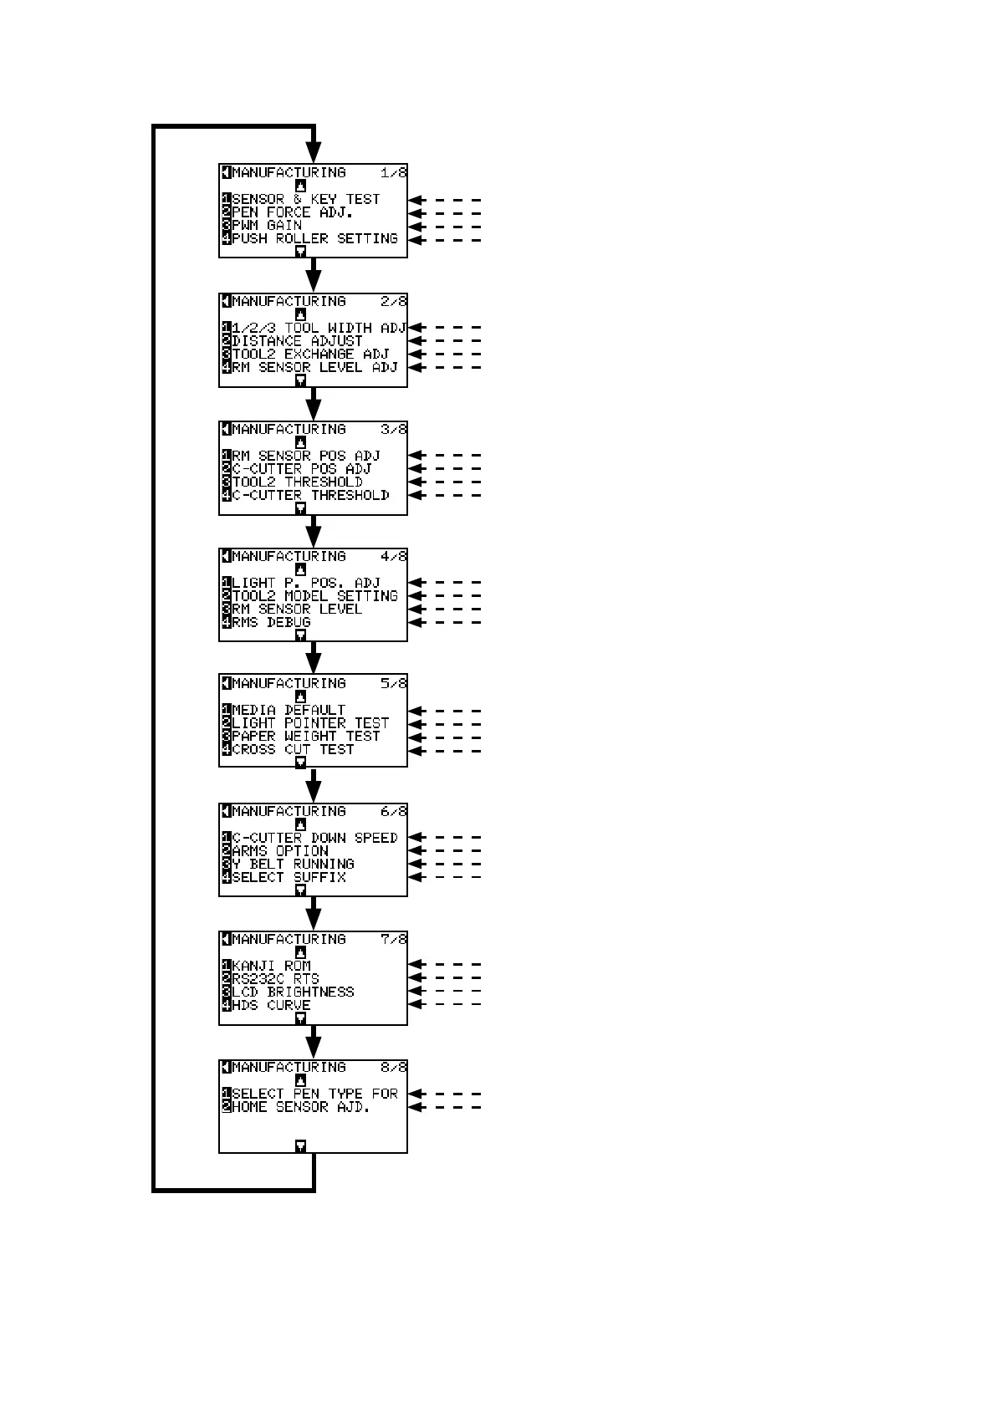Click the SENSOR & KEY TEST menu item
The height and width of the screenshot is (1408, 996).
(305, 200)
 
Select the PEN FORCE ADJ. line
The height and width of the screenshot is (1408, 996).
(292, 212)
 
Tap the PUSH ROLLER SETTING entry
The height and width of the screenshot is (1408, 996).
(314, 239)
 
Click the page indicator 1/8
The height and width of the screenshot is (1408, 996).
(393, 173)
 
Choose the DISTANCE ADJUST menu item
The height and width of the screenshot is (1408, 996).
(297, 341)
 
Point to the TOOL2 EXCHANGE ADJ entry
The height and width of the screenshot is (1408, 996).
(310, 355)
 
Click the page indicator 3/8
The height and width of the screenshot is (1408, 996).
(393, 430)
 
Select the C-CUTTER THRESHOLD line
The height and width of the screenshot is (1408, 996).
(310, 496)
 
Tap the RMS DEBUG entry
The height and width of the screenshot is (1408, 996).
(271, 623)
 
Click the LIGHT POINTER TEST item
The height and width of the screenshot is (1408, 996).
(310, 723)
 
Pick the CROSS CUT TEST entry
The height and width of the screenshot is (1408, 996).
(293, 750)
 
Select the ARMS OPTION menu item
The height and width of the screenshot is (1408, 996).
(280, 851)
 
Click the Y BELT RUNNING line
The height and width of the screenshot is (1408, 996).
(293, 865)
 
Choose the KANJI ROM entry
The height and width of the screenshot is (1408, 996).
(271, 966)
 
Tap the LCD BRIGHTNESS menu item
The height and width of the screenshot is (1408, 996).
(293, 992)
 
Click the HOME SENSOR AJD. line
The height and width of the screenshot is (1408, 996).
(300, 1108)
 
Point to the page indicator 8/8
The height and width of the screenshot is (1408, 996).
(393, 1068)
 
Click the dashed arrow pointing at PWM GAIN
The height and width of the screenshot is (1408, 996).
(445, 227)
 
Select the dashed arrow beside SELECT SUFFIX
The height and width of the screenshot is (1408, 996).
(445, 877)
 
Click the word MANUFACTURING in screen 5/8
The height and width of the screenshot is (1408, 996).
(289, 684)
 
